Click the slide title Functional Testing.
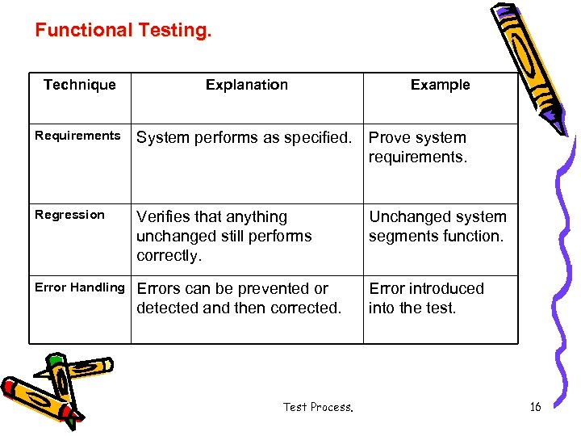pyautogui.click(x=123, y=31)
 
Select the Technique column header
pyautogui.click(x=80, y=85)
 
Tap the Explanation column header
pyautogui.click(x=246, y=85)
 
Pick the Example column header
pyautogui.click(x=440, y=85)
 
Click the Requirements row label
pyautogui.click(x=77, y=136)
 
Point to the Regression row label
pyautogui.click(x=69, y=215)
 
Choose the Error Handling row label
pyautogui.click(x=80, y=287)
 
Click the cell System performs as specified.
pyautogui.click(x=245, y=138)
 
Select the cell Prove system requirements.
pyautogui.click(x=418, y=147)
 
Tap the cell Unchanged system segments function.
pyautogui.click(x=437, y=226)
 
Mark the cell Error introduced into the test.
pyautogui.click(x=426, y=298)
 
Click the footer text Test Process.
pyautogui.click(x=318, y=407)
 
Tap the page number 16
pyautogui.click(x=535, y=407)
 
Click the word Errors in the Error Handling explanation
pyautogui.click(x=160, y=288)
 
